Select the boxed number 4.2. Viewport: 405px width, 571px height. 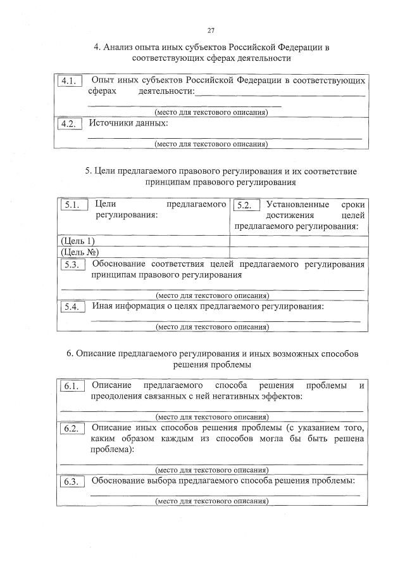(x=68, y=124)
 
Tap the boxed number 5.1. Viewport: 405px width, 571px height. (x=73, y=205)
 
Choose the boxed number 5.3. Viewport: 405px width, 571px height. (x=73, y=265)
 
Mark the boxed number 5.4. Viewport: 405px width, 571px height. (x=73, y=307)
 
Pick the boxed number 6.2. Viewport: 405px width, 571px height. (x=73, y=429)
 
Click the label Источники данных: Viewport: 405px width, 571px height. (x=128, y=123)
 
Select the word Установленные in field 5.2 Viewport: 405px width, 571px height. (x=297, y=205)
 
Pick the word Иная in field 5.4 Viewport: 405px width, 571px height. (x=103, y=307)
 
